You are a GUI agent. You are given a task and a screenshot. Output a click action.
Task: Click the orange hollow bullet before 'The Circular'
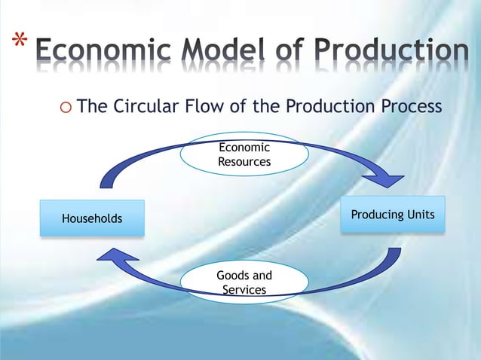pyautogui.click(x=64, y=107)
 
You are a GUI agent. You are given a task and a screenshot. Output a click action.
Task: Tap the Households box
pyautogui.click(x=92, y=218)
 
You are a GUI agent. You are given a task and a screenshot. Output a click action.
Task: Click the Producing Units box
pyautogui.click(x=393, y=215)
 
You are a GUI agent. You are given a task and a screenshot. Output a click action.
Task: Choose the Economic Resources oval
pyautogui.click(x=244, y=155)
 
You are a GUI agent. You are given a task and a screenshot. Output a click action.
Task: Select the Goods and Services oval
pyautogui.click(x=244, y=282)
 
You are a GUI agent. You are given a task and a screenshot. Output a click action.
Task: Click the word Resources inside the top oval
pyautogui.click(x=244, y=161)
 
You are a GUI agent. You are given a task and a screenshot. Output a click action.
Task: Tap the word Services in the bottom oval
pyautogui.click(x=244, y=289)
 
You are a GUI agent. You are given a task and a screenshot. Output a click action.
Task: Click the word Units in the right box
pyautogui.click(x=421, y=215)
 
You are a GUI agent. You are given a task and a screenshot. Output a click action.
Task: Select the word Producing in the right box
pyautogui.click(x=378, y=215)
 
